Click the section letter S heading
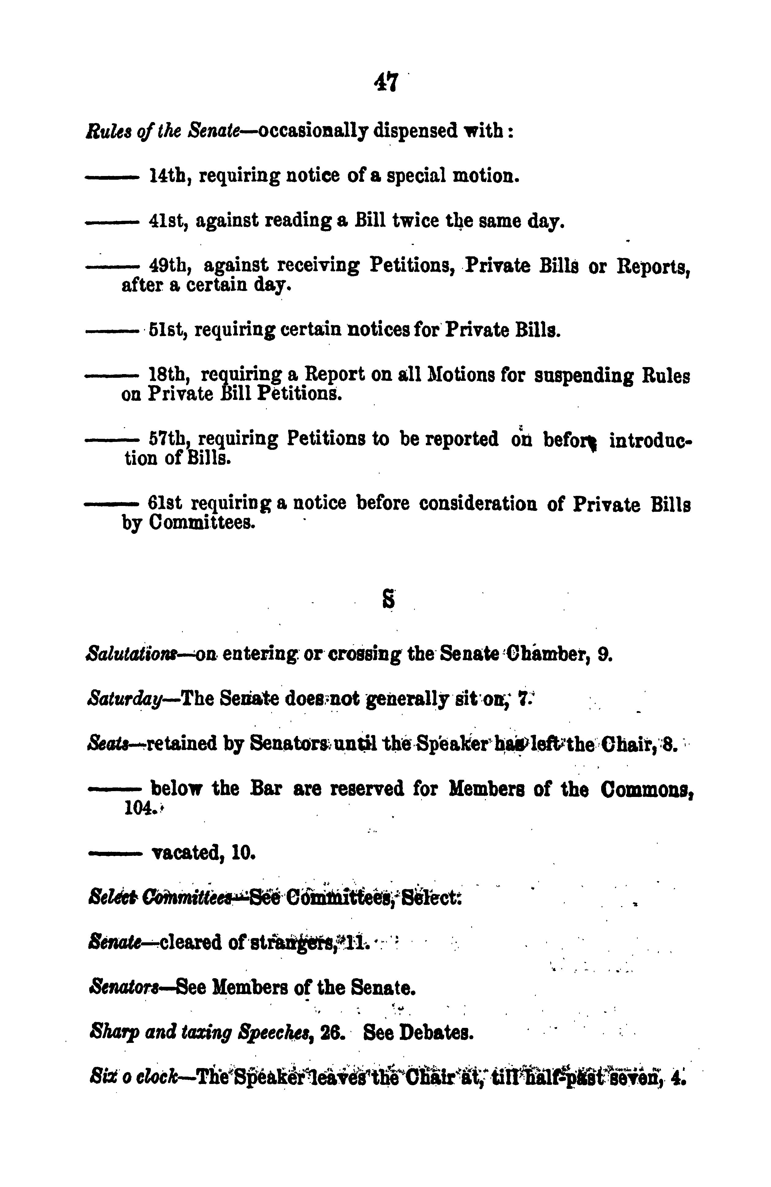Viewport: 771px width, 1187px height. tap(388, 599)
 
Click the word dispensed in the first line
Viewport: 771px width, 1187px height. tap(415, 131)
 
